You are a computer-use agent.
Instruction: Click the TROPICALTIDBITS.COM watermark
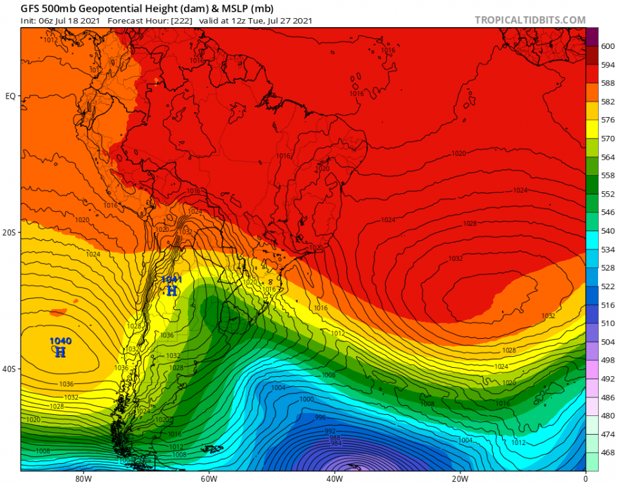530,20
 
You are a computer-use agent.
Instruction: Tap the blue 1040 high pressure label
61,341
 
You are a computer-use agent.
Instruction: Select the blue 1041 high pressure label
171,279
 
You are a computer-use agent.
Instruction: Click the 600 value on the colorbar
608,46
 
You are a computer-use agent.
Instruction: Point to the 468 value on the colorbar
608,453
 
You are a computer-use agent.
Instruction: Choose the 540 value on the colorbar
608,231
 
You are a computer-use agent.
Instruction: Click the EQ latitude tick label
11,96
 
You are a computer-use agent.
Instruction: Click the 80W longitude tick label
82,478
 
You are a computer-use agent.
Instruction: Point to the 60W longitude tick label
208,478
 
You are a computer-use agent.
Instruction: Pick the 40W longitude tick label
333,478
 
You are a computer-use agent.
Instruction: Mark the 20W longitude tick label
459,478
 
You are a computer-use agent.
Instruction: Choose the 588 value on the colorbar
608,82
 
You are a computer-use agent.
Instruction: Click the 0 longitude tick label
585,478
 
